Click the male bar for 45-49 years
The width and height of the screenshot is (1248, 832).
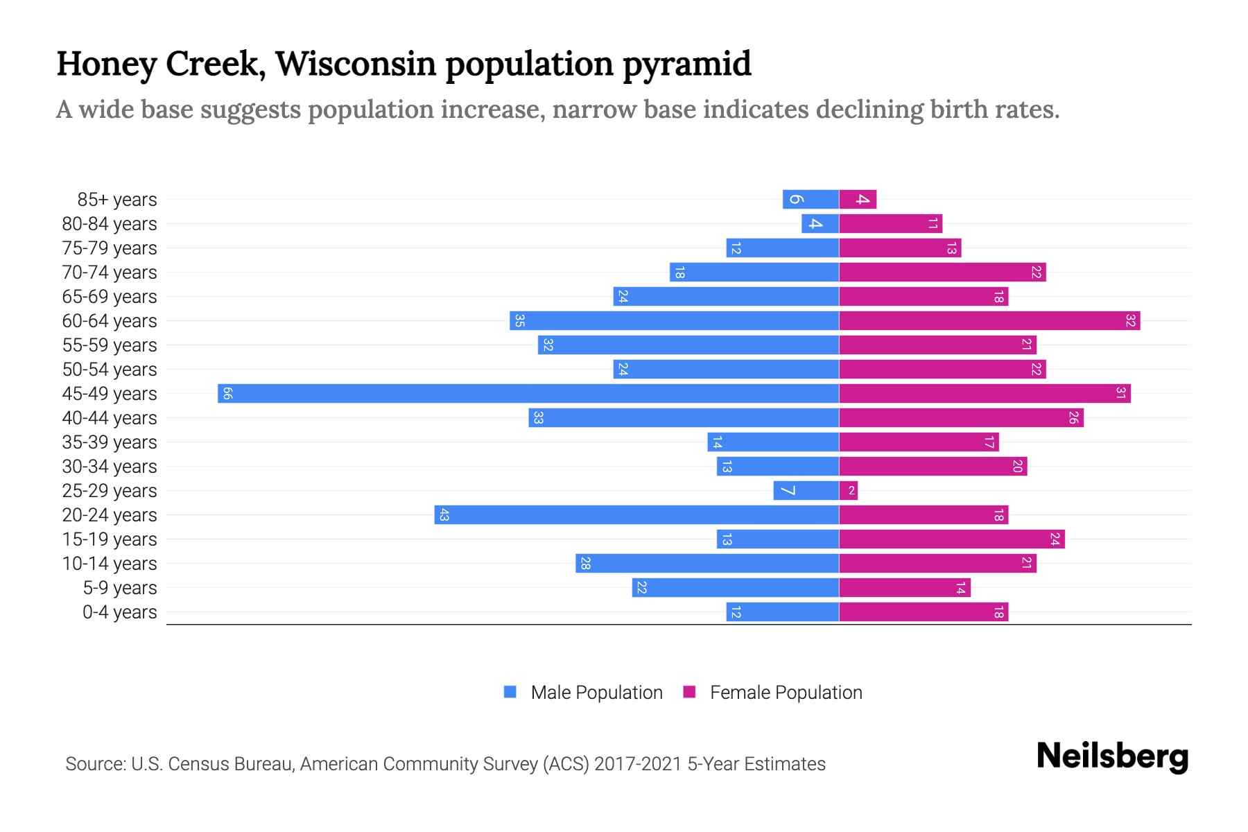(528, 393)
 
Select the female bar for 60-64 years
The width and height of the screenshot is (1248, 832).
(989, 320)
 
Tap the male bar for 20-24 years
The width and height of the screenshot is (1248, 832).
(636, 514)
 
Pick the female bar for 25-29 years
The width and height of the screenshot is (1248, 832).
(848, 490)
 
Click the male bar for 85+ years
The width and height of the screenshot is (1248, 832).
(811, 199)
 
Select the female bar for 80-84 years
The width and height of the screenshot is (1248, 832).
(890, 223)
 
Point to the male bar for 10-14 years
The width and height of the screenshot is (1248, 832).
(707, 563)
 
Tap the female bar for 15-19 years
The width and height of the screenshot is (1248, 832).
(951, 539)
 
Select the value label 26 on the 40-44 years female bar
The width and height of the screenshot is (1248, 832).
(1073, 417)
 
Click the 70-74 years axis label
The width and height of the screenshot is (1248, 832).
(110, 272)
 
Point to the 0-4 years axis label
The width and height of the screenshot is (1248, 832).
(119, 612)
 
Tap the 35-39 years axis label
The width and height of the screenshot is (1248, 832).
(110, 442)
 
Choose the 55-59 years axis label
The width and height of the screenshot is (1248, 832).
(110, 345)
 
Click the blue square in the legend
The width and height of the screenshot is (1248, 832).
(510, 692)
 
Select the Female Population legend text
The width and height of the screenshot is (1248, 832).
(786, 692)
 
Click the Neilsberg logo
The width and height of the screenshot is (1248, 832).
(1112, 756)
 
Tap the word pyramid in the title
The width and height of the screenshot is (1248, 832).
(686, 64)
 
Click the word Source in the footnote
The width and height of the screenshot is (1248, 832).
(94, 764)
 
